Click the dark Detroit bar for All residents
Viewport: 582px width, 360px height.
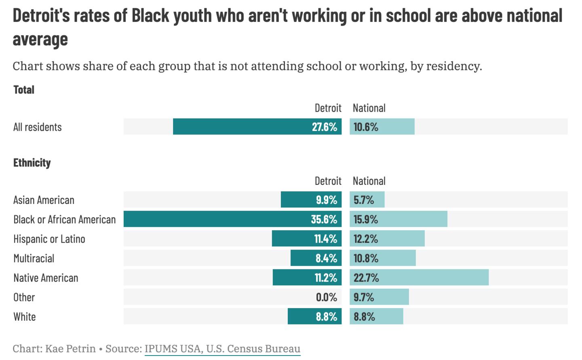coord(242,127)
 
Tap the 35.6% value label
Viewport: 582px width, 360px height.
coord(324,219)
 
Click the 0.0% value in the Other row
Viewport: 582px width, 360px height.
coord(326,297)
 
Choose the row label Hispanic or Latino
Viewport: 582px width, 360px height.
coord(49,239)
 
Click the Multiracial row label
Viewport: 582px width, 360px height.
coord(34,258)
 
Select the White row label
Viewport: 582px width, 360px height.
coord(25,317)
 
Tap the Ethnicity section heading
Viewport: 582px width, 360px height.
coord(32,163)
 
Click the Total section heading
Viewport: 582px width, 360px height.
coord(24,90)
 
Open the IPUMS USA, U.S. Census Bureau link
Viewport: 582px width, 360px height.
coord(222,349)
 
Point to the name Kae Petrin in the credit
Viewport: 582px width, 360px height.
coord(70,349)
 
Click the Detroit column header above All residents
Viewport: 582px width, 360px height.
coord(328,108)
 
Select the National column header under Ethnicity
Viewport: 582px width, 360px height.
coord(369,181)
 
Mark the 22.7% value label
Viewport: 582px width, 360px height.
coord(366,278)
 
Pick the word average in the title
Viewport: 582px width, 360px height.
coord(40,39)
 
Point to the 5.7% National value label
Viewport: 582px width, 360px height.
coord(364,200)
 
